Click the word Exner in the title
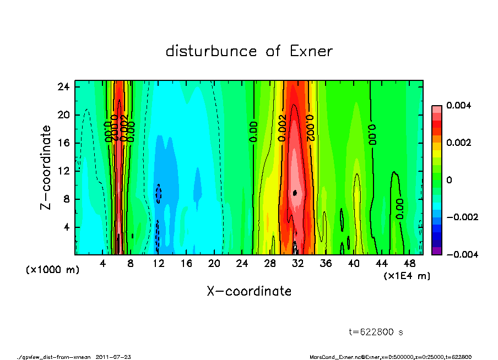point(311,51)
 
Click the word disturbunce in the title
point(212,51)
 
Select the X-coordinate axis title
point(249,291)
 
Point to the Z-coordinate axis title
point(46,167)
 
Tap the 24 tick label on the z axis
point(64,87)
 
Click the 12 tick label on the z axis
point(64,171)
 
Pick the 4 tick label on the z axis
point(67,227)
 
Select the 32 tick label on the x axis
point(298,264)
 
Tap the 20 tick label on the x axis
point(214,264)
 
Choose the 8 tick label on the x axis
point(131,264)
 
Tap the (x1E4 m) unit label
point(407,276)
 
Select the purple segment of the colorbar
point(436,250)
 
